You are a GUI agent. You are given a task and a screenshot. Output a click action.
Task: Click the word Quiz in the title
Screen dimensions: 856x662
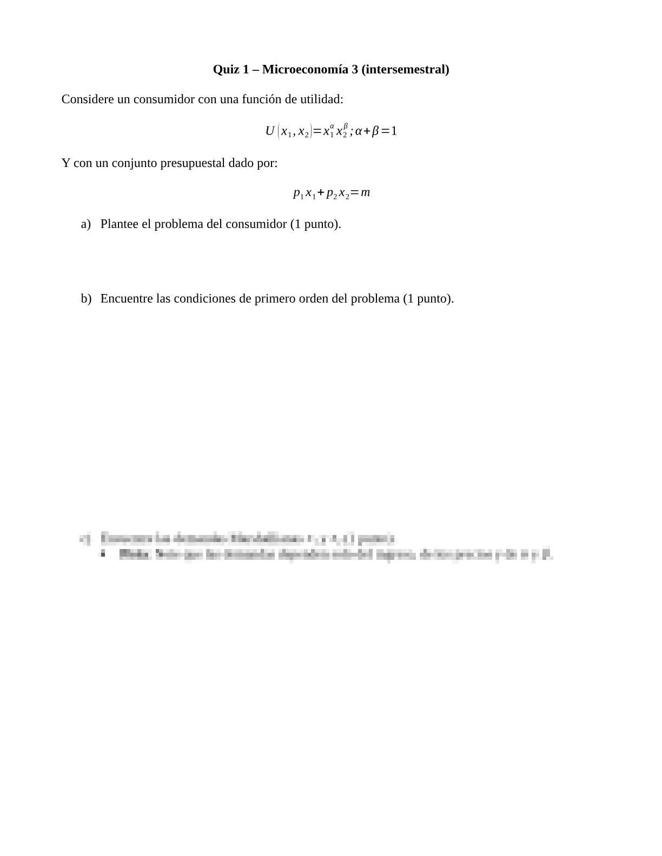tap(226, 70)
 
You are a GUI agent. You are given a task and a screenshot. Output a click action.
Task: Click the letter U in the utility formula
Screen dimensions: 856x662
tap(270, 131)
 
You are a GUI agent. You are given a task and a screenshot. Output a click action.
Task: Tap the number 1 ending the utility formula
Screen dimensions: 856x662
tap(394, 131)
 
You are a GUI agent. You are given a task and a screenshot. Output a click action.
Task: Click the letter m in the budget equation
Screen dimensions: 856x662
tap(366, 193)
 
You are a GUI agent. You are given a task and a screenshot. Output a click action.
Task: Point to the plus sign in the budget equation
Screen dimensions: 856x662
tap(321, 193)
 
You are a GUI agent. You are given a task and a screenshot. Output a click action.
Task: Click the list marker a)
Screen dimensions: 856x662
tap(85, 224)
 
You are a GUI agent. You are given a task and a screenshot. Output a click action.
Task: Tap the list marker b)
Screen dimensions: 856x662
tap(86, 299)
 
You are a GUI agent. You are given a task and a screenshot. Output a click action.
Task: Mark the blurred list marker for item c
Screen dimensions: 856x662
tap(85, 539)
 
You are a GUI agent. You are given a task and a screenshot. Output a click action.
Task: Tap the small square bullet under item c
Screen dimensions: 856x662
tap(103, 553)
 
